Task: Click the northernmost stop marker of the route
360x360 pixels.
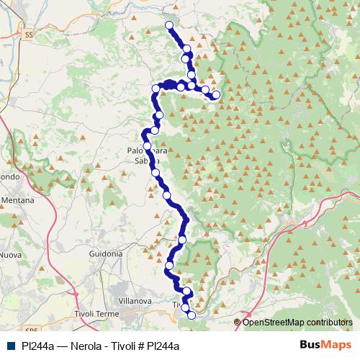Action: (x=169, y=25)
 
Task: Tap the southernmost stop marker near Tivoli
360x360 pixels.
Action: (x=191, y=315)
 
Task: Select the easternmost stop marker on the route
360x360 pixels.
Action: (x=215, y=94)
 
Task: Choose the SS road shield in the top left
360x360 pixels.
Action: (x=29, y=34)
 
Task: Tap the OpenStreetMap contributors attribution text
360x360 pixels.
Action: (x=297, y=322)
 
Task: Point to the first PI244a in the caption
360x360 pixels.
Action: (x=36, y=346)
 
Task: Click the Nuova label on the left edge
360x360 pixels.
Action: (x=10, y=254)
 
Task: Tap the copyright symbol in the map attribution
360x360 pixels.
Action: (x=238, y=322)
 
